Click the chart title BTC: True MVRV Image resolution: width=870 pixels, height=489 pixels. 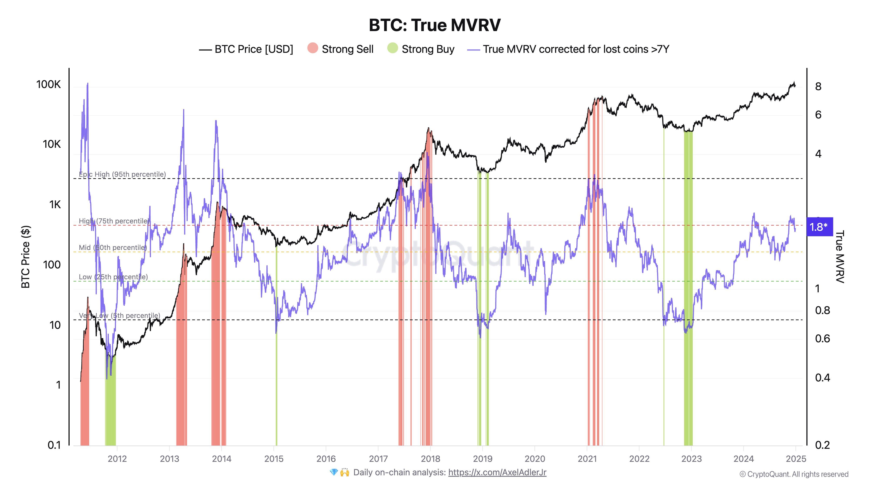(434, 25)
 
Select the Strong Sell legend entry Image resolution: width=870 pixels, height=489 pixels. (340, 49)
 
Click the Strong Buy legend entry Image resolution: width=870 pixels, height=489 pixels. (421, 49)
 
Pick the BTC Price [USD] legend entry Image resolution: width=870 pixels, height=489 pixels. (246, 49)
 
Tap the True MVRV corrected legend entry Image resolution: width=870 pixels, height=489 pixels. (568, 49)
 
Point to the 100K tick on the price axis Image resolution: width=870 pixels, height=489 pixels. (49, 84)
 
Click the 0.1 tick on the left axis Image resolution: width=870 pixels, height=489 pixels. (54, 445)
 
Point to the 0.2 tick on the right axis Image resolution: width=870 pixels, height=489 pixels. (822, 445)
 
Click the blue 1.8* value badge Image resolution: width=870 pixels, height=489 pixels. (819, 227)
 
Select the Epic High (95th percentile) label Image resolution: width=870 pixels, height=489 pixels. (122, 174)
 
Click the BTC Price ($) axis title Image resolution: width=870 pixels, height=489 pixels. (26, 256)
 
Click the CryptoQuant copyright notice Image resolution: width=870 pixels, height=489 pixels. (794, 474)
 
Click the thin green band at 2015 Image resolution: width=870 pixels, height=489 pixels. (276, 371)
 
